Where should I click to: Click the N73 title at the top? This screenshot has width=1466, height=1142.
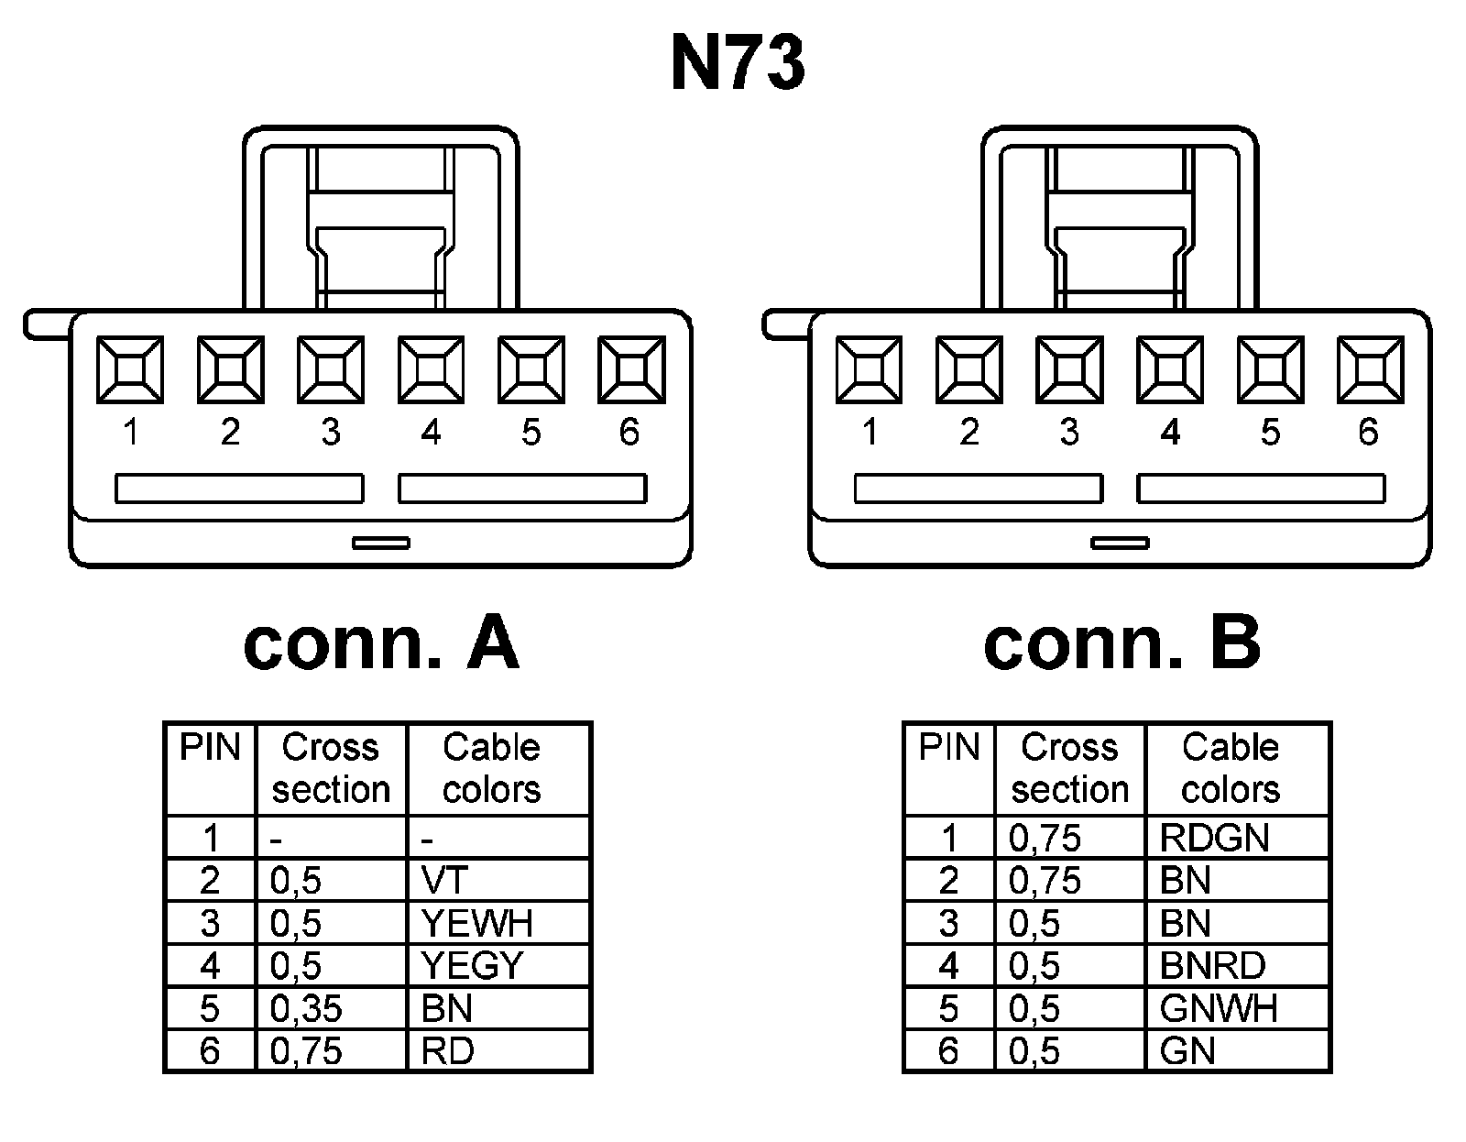[738, 64]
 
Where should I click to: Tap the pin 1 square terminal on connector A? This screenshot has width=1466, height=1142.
[130, 370]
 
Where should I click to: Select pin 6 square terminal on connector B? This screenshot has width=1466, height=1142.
[1370, 370]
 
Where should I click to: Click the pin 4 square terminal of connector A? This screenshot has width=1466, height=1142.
[431, 370]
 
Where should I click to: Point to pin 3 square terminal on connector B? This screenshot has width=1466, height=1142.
[1069, 370]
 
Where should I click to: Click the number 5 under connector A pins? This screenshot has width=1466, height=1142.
[531, 432]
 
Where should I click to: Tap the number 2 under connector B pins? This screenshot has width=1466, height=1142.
[969, 432]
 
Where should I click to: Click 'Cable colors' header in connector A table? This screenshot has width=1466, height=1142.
[492, 768]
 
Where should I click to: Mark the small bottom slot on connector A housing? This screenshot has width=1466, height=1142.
[381, 544]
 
